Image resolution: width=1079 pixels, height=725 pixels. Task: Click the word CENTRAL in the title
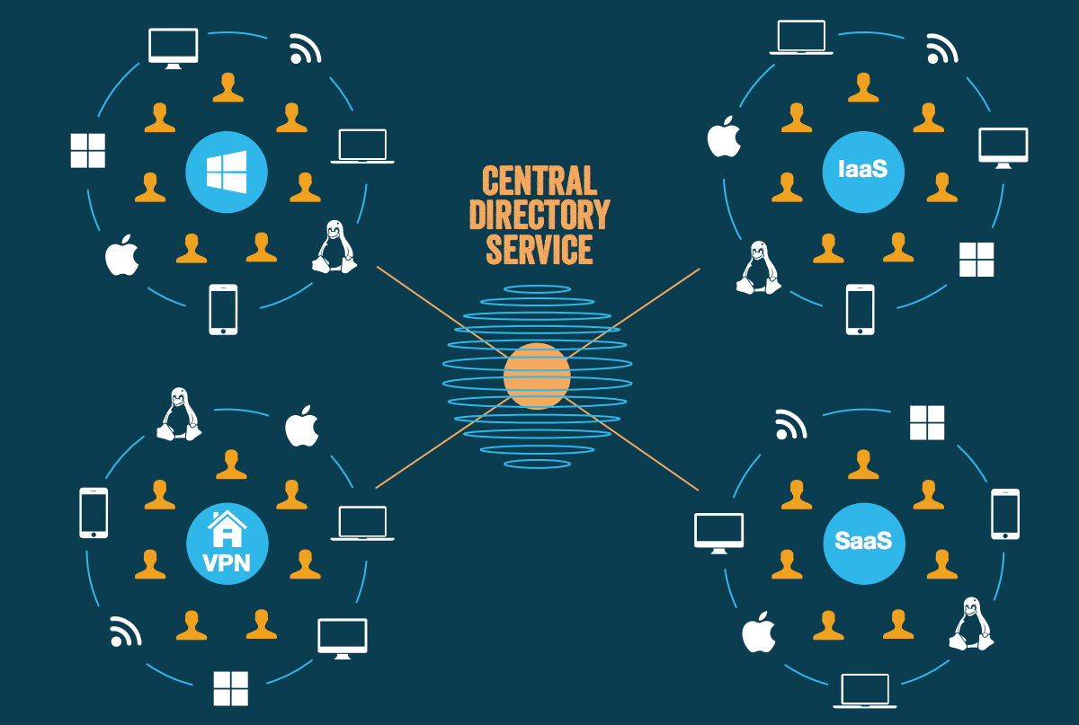coord(539,181)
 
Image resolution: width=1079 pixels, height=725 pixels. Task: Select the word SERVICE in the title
coord(539,249)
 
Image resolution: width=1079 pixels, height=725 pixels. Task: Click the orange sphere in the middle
coord(537,376)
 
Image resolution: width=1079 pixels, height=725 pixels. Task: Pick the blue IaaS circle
coord(863,168)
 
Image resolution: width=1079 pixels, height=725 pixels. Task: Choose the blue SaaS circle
coord(863,541)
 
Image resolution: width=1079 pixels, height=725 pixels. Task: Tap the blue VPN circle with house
coord(227,541)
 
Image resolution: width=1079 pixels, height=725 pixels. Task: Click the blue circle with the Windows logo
coord(227,171)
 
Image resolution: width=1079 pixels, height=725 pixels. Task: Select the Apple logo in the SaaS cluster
coord(758,632)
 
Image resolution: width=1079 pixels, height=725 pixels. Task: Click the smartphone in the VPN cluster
coord(94,513)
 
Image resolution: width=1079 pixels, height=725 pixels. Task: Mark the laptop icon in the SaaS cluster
coord(866,691)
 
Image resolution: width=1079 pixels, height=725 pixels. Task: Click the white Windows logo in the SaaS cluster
coord(927,422)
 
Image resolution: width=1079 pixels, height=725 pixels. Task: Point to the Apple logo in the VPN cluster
coord(302,427)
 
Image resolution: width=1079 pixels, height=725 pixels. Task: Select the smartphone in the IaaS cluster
coord(860,310)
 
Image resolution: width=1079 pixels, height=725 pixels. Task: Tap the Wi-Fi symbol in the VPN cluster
coord(125,631)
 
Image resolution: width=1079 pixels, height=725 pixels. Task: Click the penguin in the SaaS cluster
coord(971,623)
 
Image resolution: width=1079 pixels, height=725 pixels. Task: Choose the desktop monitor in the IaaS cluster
coord(1003,147)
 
